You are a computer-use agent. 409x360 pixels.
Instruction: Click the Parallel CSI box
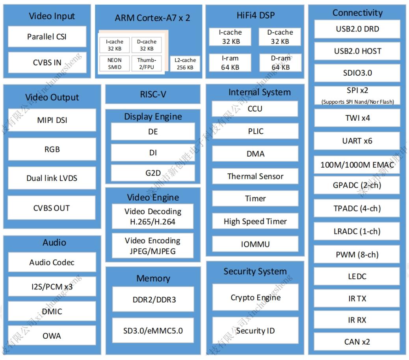(47, 37)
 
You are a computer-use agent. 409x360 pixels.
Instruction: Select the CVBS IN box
(47, 63)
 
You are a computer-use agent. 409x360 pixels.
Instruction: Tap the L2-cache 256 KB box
(185, 64)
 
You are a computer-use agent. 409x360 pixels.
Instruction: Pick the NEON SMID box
(115, 63)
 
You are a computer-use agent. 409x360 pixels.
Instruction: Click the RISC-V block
(153, 94)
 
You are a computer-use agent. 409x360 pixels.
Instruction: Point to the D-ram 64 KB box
(281, 63)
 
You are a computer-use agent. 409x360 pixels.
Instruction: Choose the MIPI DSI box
(52, 120)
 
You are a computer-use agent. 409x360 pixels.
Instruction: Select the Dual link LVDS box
(52, 178)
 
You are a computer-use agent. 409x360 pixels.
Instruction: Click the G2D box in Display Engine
(153, 173)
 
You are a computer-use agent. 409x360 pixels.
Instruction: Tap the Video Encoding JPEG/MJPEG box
(152, 246)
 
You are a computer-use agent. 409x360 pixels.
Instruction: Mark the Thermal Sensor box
(255, 176)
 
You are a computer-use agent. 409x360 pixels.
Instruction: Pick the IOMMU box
(255, 244)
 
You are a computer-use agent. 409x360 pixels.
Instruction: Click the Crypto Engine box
(255, 297)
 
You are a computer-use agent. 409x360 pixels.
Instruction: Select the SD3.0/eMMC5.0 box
(153, 330)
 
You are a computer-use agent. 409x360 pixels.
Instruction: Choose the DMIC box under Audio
(52, 311)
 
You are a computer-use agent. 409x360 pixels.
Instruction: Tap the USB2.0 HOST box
(357, 51)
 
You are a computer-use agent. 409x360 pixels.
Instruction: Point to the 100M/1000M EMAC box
(357, 165)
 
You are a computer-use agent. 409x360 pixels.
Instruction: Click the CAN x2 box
(357, 342)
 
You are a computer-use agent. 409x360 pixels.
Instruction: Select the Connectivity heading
(357, 13)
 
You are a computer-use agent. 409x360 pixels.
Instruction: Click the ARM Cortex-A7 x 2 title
(152, 18)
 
